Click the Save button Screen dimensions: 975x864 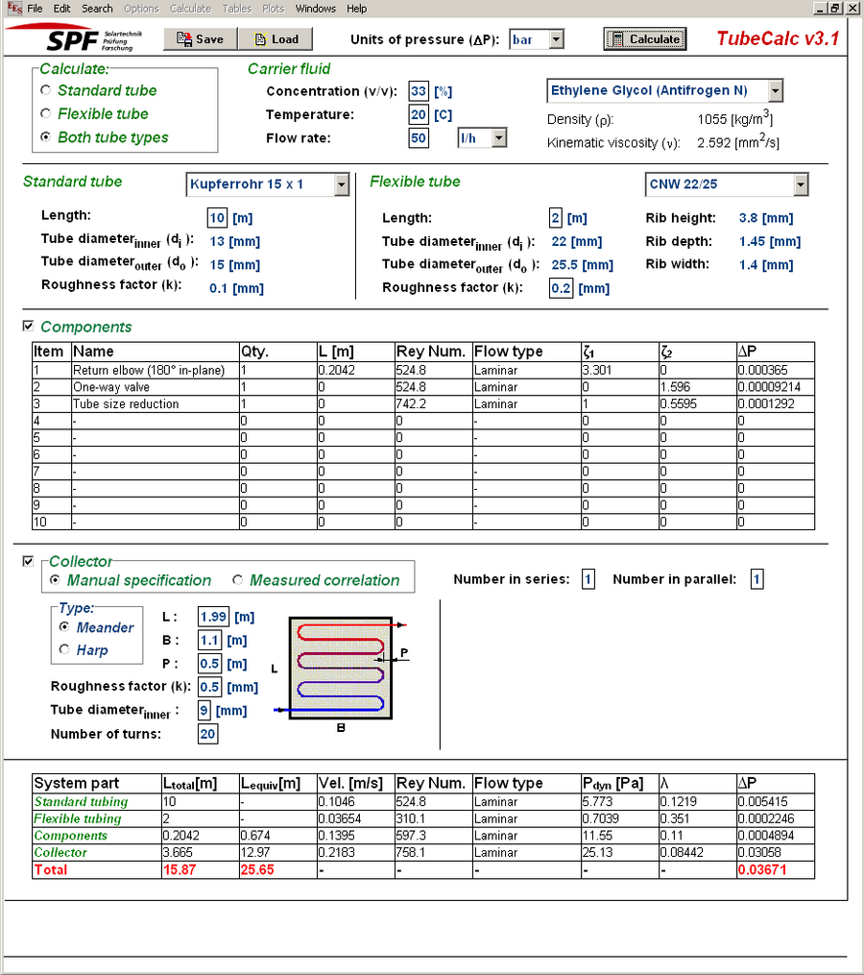point(200,39)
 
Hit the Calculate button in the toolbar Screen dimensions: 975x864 point(645,39)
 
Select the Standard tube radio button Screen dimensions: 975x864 point(46,90)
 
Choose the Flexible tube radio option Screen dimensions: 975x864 point(46,113)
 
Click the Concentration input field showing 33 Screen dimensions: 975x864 point(418,91)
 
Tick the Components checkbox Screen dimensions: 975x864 point(28,327)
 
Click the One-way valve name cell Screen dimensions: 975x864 point(155,387)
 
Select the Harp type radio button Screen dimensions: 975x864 point(64,650)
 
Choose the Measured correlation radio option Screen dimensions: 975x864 point(238,580)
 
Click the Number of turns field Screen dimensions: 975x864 point(207,734)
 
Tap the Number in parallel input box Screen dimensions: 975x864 point(756,579)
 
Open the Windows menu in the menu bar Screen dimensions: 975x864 point(315,9)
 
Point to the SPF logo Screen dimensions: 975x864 point(75,40)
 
